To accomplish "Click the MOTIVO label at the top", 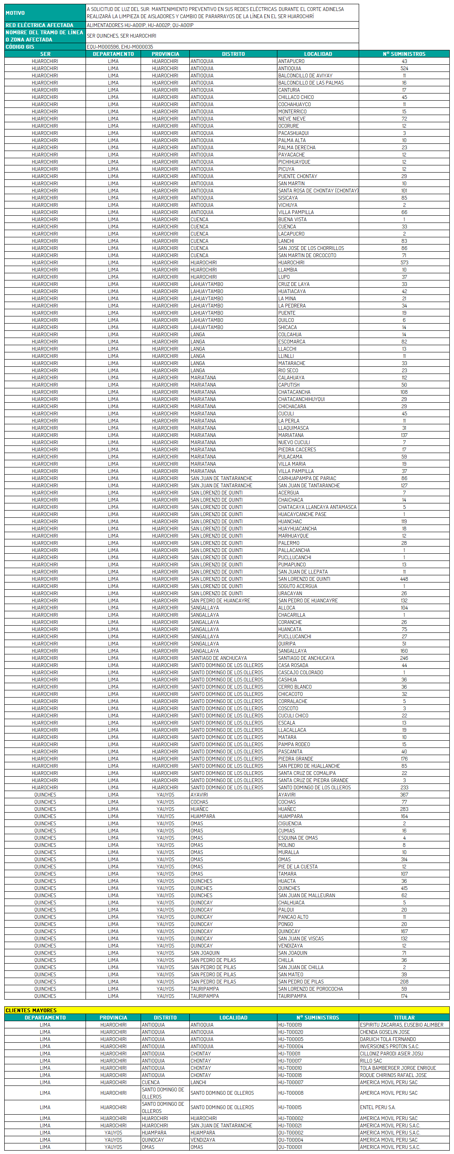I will click(x=15, y=13).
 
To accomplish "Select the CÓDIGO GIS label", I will click(x=20, y=47).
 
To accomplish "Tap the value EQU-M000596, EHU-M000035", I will click(x=120, y=47).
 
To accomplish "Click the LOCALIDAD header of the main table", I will click(x=318, y=54).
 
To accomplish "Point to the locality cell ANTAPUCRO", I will click(x=291, y=61).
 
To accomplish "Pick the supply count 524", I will click(x=404, y=68).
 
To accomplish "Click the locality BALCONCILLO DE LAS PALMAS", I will click(x=310, y=82).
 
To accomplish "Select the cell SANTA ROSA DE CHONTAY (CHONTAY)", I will click(x=318, y=190).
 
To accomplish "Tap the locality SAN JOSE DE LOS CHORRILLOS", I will click(x=311, y=248).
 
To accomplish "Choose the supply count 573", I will click(x=404, y=262).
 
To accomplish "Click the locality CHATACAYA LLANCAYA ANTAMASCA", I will click(x=317, y=507).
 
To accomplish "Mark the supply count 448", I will click(x=404, y=578).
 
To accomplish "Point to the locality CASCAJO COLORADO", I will click(x=300, y=672).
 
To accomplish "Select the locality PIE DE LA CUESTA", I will click(x=297, y=866).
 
